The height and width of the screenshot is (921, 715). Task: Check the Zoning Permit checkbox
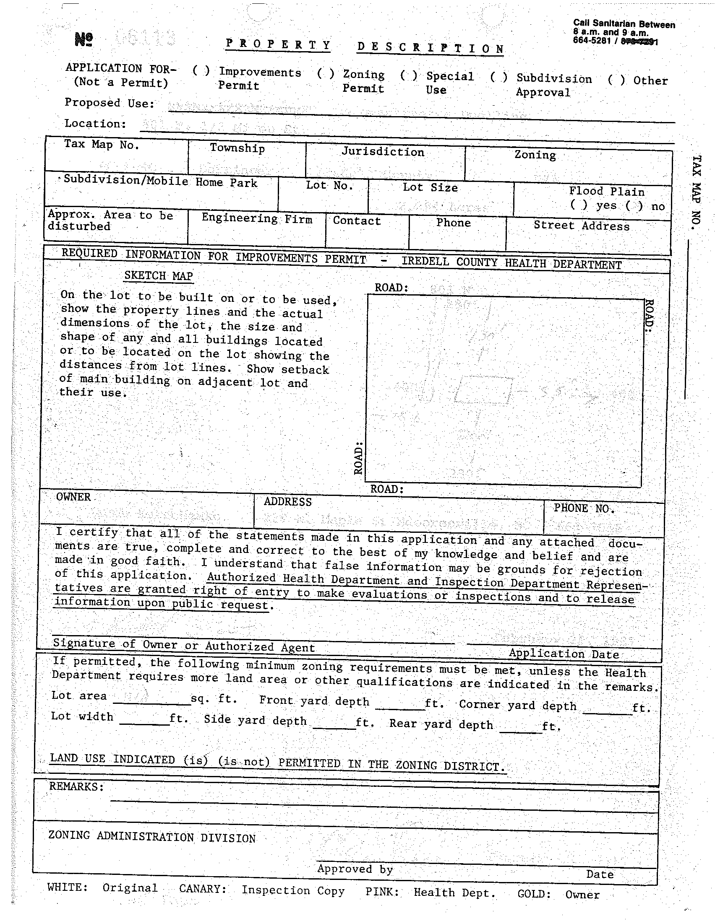326,74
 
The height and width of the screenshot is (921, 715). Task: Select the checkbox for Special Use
409,75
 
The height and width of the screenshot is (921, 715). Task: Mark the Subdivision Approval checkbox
498,78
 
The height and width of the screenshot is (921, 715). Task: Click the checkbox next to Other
616,80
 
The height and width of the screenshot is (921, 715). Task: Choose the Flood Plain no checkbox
634,206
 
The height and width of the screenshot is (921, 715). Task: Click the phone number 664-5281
591,41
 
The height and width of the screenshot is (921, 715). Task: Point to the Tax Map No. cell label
101,144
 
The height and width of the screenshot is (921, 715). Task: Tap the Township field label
237,148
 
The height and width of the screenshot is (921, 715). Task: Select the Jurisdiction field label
382,152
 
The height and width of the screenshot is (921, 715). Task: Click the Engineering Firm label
257,218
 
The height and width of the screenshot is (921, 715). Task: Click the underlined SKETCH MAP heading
158,276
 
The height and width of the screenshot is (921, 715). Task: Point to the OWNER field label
73,497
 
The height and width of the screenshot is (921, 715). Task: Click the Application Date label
564,654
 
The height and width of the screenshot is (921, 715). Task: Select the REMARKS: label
76,786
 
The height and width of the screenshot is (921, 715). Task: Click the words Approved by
355,869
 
